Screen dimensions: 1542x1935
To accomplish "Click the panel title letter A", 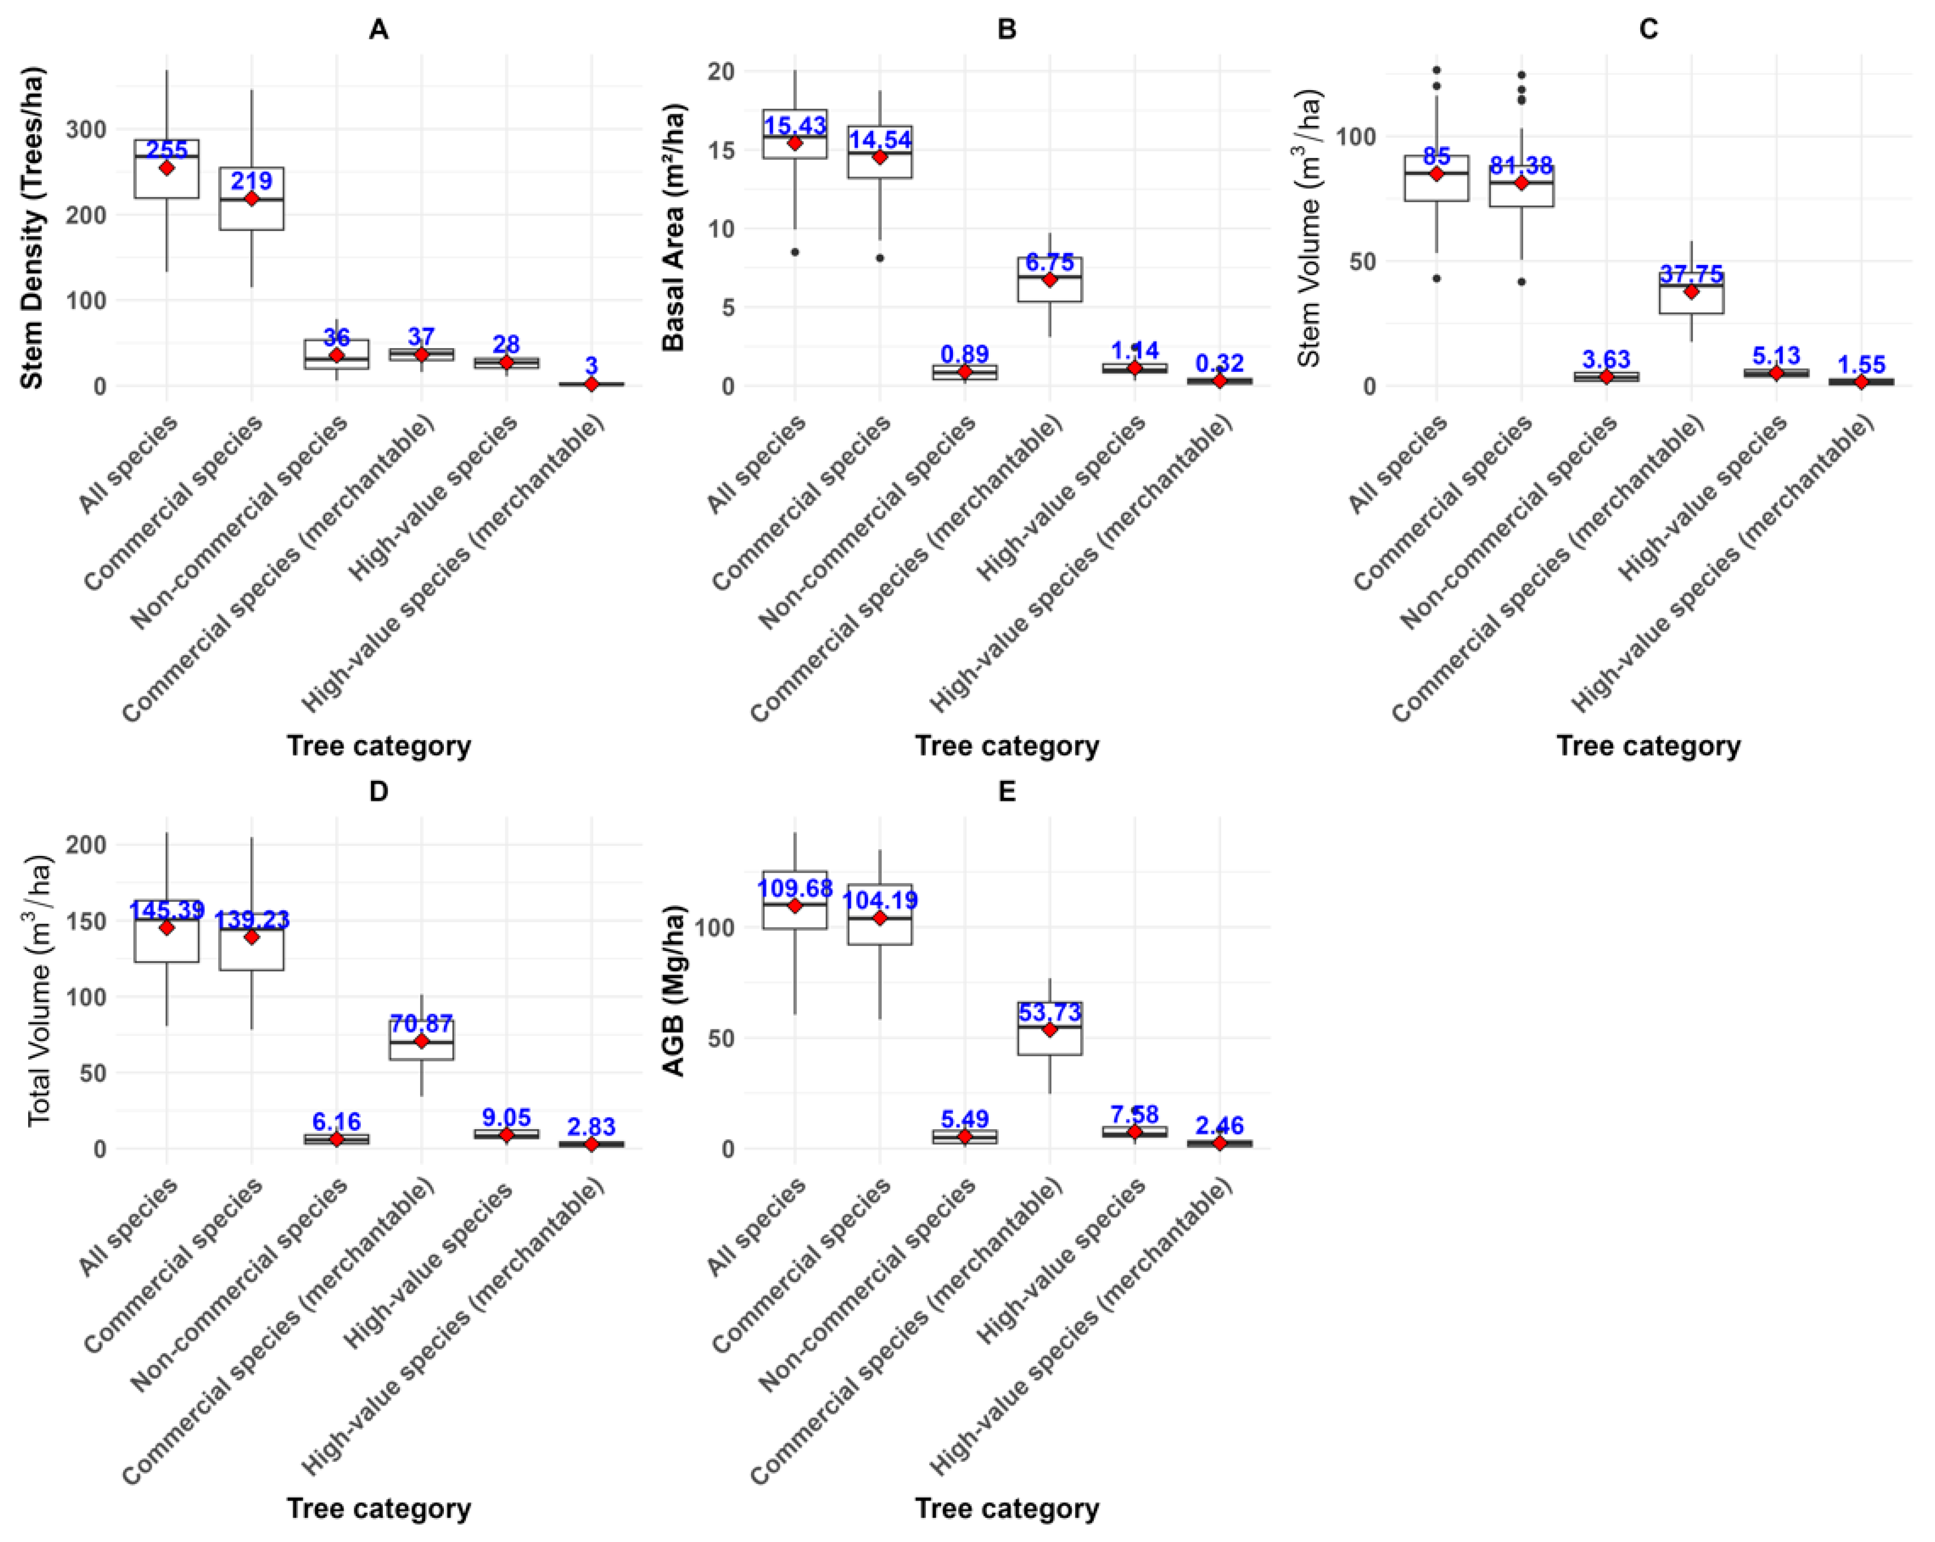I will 379,29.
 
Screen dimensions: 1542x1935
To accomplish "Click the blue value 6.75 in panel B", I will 1049,262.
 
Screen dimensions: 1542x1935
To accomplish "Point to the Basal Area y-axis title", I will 674,227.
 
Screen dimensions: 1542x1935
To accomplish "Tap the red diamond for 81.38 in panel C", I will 1521,183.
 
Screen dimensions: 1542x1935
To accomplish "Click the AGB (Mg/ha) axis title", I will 674,990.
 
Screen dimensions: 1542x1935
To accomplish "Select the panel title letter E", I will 1007,791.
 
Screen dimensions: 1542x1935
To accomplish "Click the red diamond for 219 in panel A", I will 251,198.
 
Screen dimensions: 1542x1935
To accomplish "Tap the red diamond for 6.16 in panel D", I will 337,1139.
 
